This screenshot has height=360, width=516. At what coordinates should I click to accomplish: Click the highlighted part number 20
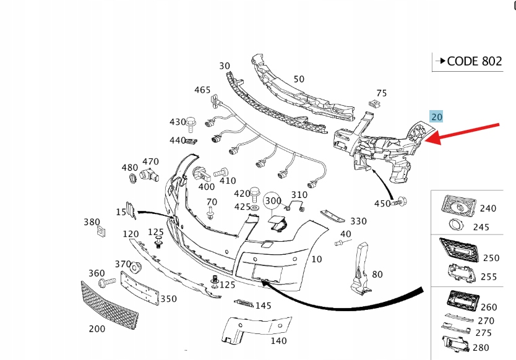point(437,116)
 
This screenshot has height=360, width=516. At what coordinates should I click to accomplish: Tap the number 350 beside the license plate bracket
point(168,299)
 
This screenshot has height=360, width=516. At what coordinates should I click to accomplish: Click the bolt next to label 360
point(107,283)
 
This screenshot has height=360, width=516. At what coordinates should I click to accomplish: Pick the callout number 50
point(299,79)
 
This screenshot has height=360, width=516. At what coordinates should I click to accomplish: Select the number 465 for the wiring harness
point(202,90)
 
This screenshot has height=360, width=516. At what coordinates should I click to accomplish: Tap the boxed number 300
point(273,200)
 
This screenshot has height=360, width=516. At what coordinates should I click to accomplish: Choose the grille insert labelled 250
point(458,249)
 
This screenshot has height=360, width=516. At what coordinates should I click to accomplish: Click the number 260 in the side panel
point(488,307)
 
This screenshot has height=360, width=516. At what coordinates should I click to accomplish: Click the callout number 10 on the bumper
point(316,259)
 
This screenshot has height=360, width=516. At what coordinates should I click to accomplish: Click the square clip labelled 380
point(100,232)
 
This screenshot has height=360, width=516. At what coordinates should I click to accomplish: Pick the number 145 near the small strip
point(263,306)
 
